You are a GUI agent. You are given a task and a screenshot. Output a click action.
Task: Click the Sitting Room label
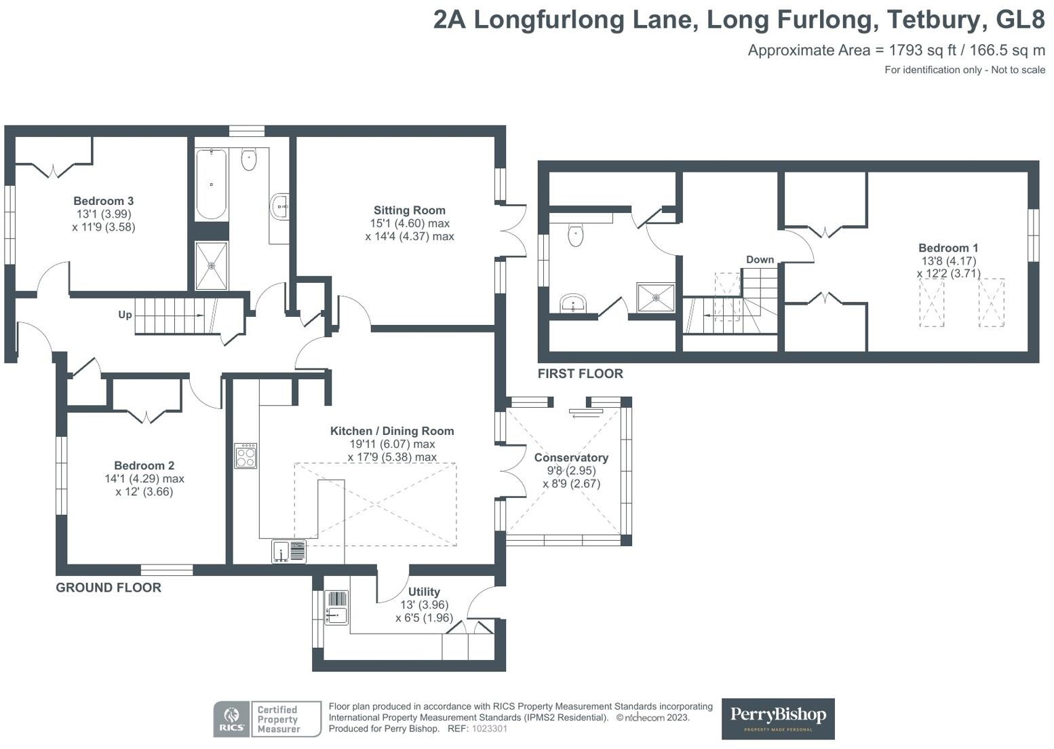(x=410, y=210)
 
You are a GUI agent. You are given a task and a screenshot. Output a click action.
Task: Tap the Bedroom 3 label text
(x=104, y=201)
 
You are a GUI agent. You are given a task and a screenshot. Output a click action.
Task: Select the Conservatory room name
(x=571, y=457)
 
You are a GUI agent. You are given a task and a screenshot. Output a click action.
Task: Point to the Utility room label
(x=424, y=592)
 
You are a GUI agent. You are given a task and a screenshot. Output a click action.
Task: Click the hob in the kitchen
(x=246, y=456)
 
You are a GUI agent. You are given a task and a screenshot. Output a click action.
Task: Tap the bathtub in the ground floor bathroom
(x=211, y=184)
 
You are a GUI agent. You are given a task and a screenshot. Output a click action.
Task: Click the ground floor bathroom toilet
(x=249, y=159)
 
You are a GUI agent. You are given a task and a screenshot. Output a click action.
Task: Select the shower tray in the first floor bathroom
(x=655, y=297)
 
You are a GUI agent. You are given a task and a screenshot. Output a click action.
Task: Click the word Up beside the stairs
(x=125, y=315)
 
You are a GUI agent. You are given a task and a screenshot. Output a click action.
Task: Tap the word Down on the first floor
(x=760, y=259)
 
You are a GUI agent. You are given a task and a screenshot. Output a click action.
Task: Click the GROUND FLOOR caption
(x=109, y=588)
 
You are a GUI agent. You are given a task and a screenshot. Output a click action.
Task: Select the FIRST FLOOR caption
(x=580, y=373)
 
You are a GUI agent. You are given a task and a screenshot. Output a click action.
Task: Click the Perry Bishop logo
(x=778, y=719)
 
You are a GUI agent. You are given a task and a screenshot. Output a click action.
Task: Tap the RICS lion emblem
(x=231, y=715)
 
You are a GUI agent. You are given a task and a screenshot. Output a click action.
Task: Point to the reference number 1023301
(x=490, y=729)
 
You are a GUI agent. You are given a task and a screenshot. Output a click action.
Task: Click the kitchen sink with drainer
(x=289, y=552)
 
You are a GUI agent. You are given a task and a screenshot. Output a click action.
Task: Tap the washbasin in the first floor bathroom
(x=573, y=303)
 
